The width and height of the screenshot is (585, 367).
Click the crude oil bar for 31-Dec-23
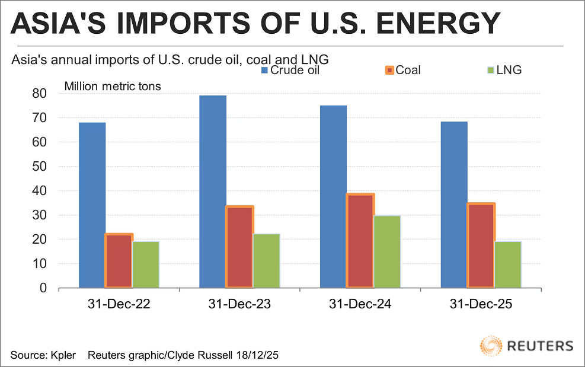[213, 192]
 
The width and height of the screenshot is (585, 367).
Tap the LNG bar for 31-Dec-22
[146, 264]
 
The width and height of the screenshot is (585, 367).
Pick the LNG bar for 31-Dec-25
[508, 264]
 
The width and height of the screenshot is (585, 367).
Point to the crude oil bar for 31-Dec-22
[92, 205]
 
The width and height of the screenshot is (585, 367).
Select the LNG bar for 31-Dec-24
[387, 251]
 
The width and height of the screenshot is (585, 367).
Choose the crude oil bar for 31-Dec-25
[454, 205]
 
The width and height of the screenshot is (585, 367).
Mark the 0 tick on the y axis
[43, 288]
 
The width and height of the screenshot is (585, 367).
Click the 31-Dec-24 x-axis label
[360, 305]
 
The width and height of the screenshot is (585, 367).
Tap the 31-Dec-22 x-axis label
[119, 305]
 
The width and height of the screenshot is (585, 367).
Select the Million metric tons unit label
[113, 87]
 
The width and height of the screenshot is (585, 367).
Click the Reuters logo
[527, 346]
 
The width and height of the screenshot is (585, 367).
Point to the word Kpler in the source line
[63, 355]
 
